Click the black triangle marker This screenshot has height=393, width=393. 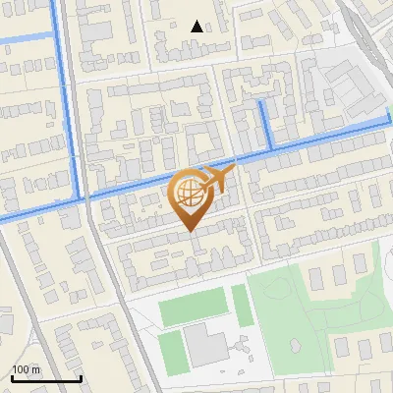197,27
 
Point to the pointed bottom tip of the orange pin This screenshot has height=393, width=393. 190,231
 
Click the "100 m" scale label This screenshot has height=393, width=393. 27,369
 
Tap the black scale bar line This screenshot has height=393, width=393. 45,378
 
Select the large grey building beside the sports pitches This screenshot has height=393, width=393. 204,345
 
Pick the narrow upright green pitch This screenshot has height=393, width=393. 242,305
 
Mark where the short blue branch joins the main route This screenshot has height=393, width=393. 269,148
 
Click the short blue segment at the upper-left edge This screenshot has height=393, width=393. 25,38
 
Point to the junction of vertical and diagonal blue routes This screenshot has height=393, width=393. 81,198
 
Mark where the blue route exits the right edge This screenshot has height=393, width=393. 390,122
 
